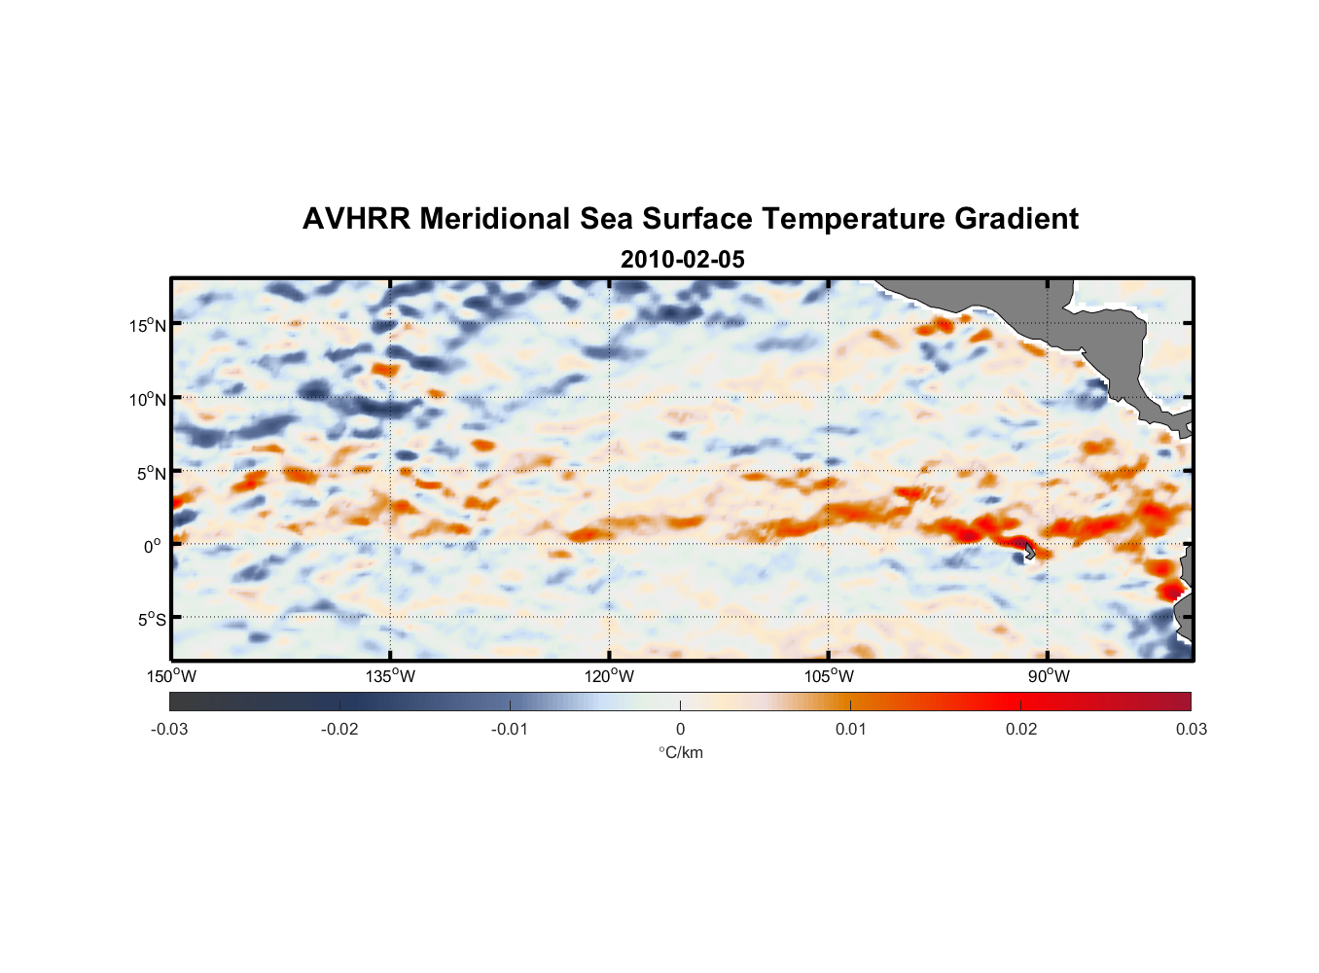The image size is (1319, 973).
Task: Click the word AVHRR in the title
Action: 355,219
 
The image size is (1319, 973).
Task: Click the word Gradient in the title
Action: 1016,219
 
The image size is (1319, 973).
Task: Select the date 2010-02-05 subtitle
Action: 682,260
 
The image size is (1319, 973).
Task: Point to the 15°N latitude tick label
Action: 148,325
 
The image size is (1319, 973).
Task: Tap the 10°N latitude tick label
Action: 148,399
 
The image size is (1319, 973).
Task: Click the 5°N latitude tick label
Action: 152,473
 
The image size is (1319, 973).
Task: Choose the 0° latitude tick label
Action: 153,546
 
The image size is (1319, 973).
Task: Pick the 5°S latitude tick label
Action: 152,619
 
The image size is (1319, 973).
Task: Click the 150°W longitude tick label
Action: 171,676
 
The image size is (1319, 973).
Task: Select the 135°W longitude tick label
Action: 390,676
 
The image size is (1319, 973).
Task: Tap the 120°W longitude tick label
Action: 609,676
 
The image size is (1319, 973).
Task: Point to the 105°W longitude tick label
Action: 829,676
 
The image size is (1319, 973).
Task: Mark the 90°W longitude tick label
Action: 1048,676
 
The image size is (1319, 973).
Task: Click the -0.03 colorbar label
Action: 169,729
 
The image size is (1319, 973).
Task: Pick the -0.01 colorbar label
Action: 510,729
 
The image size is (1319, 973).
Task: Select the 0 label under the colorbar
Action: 680,729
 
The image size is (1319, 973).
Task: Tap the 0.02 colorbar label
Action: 1020,729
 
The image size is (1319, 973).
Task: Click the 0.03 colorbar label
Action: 1191,729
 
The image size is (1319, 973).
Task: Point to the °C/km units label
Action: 680,752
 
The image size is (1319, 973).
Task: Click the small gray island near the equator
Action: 1028,551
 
